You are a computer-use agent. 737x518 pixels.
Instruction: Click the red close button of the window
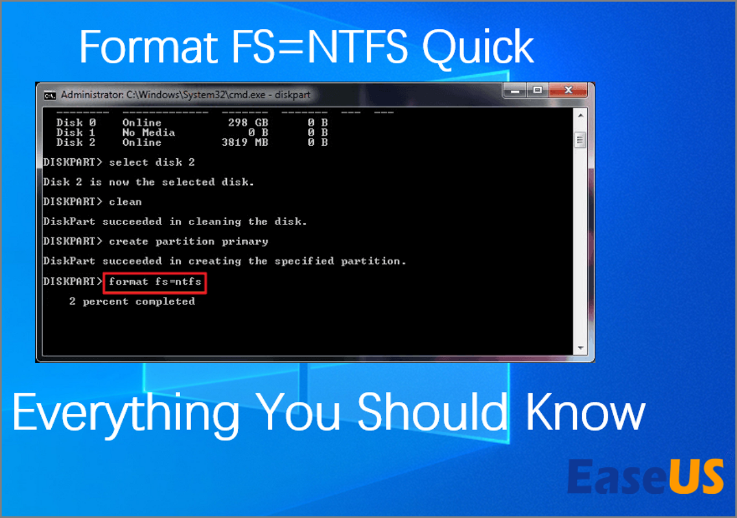point(568,90)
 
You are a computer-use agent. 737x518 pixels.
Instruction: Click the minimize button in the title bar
point(515,91)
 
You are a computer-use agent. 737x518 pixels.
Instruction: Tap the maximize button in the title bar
point(538,90)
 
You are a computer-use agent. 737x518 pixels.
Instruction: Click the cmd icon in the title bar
point(50,96)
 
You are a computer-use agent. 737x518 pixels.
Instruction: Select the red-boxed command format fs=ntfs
point(155,282)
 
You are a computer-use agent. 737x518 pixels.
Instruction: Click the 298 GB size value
point(248,123)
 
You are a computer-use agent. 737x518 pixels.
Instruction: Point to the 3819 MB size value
point(245,142)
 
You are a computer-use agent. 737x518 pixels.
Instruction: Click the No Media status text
point(149,132)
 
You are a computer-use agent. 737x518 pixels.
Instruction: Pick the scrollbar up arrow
point(581,116)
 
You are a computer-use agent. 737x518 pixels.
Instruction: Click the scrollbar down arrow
point(581,348)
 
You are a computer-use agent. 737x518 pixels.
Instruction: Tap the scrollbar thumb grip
point(580,140)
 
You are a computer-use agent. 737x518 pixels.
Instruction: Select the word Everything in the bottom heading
point(126,414)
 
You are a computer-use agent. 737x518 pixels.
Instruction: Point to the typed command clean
point(125,201)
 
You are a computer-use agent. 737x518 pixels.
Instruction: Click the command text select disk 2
point(151,162)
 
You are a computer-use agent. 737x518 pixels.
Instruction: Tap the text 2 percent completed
point(132,302)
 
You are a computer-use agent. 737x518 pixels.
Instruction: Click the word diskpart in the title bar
point(292,95)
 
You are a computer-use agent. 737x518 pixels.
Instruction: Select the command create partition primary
point(188,242)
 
